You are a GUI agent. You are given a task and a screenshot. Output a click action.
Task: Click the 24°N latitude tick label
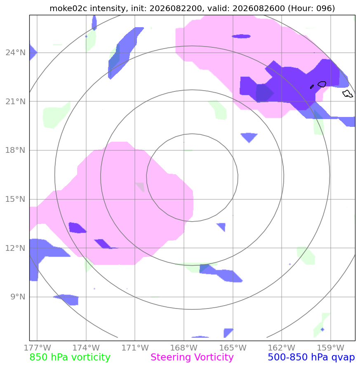click(16, 53)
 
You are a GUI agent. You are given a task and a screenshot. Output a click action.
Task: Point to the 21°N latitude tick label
click(16, 102)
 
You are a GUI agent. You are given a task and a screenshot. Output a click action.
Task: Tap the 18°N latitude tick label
click(16, 150)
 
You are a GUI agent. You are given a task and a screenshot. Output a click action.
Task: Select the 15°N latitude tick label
click(16, 199)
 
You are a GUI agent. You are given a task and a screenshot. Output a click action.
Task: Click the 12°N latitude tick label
click(16, 248)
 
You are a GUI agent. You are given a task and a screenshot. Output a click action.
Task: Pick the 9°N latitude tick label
click(18, 297)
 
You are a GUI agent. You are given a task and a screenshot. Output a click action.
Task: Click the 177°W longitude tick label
click(37, 348)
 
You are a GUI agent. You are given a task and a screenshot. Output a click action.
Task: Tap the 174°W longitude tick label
click(86, 348)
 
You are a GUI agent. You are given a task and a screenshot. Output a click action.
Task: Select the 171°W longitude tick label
click(135, 348)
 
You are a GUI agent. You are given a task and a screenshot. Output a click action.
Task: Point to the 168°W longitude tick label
click(184, 348)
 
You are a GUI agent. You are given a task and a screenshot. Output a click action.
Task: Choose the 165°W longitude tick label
click(233, 348)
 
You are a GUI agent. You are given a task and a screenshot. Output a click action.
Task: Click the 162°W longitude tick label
click(282, 348)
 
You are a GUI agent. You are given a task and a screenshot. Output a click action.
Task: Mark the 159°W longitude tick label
click(330, 348)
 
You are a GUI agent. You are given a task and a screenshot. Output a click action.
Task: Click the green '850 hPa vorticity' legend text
click(70, 358)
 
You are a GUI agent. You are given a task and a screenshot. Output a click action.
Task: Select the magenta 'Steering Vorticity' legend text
click(192, 358)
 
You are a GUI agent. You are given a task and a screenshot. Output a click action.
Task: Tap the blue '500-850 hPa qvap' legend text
click(311, 358)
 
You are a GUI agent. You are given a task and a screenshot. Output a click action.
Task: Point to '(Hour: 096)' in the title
click(311, 8)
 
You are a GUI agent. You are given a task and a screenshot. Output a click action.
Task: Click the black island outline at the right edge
click(348, 94)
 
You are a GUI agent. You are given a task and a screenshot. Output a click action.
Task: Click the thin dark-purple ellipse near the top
click(241, 36)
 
